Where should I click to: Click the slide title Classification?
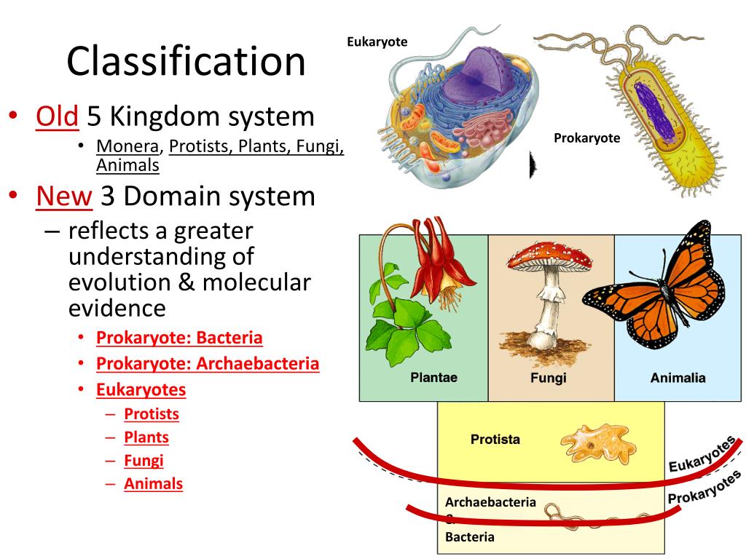(186, 61)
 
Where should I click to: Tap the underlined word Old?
(57, 116)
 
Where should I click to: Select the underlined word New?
(63, 197)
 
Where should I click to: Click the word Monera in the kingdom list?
(127, 146)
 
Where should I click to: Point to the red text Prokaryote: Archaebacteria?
(208, 363)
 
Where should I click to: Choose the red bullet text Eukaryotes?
(141, 389)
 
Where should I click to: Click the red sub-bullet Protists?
(152, 414)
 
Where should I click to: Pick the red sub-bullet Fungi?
(144, 460)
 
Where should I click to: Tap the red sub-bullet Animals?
(153, 483)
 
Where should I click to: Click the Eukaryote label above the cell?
(377, 42)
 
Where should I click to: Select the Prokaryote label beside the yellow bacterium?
(586, 138)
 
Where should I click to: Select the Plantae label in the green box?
(433, 378)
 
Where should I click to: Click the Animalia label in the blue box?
(678, 378)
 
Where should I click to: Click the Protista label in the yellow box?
(495, 440)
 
